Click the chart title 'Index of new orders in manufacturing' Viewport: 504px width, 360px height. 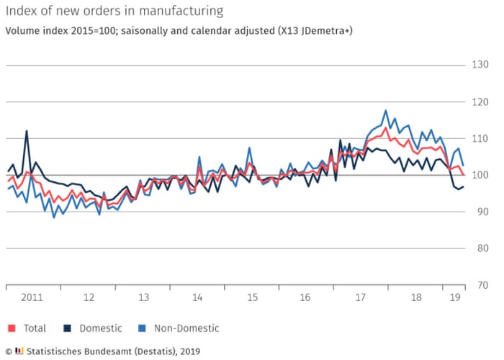point(114,11)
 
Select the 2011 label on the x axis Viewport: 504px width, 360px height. point(33,297)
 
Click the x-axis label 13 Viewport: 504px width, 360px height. point(143,297)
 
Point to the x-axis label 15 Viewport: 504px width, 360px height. point(252,297)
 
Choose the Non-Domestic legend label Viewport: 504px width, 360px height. point(184,328)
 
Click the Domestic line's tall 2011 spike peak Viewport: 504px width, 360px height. point(27,131)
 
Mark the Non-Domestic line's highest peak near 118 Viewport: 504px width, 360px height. point(386,111)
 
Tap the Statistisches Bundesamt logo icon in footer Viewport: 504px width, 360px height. point(19,351)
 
